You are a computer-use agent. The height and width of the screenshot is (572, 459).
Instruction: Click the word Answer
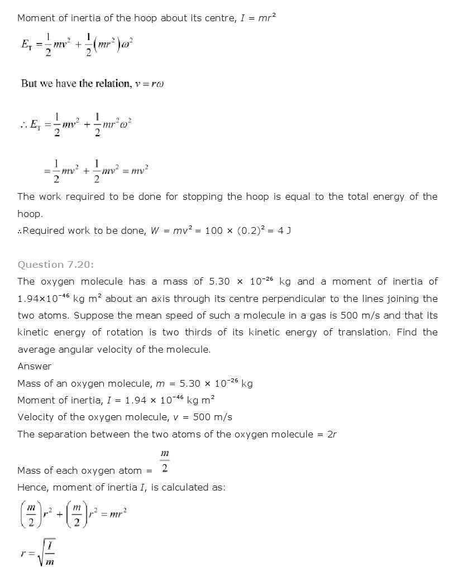[x=35, y=366]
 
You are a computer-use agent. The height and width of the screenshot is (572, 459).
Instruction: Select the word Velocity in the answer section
[x=35, y=417]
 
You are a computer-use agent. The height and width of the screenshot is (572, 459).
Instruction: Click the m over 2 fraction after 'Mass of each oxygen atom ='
[x=165, y=462]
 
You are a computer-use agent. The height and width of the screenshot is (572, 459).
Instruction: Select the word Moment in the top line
[x=35, y=18]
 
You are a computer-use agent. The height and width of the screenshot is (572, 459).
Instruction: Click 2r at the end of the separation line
[x=332, y=434]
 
